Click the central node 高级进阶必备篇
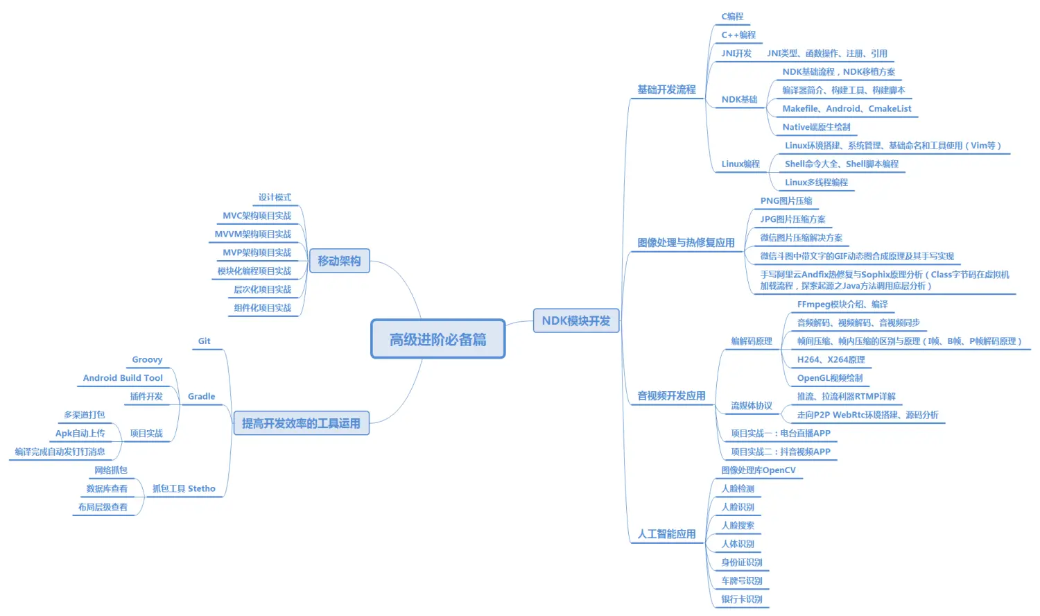437,339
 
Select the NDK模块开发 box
575,320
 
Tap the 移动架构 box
339,261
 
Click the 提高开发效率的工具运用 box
301,423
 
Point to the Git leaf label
204,341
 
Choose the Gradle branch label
201,397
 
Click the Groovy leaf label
147,360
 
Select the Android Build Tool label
123,378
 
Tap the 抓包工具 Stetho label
184,489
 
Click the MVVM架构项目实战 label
253,234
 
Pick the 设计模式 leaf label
275,198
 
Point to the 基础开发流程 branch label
666,89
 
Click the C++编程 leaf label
738,35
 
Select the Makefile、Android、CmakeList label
847,109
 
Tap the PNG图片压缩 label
786,201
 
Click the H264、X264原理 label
831,360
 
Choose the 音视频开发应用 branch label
671,396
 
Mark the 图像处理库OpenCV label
759,470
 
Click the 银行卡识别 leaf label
742,599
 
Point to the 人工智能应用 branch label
666,534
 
